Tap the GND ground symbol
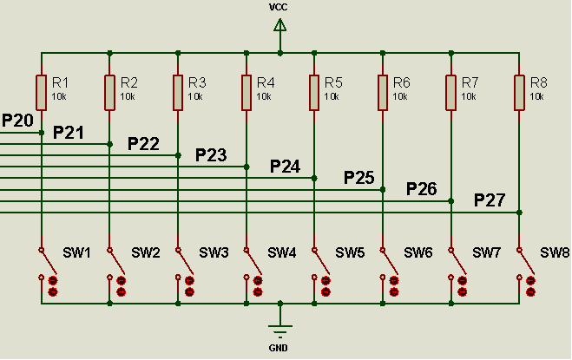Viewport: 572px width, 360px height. [x=279, y=330]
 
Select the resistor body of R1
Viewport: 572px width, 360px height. [x=42, y=92]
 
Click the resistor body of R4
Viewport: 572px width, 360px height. [x=247, y=92]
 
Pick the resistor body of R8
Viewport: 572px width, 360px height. [x=519, y=92]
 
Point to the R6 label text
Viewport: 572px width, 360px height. [x=400, y=82]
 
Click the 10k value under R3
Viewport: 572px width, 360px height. [x=195, y=96]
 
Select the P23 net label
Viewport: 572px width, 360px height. [x=211, y=155]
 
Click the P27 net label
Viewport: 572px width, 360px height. [x=490, y=200]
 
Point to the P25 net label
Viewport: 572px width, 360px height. [x=358, y=178]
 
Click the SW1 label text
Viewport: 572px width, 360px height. [x=76, y=252]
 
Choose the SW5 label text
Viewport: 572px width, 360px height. [x=350, y=252]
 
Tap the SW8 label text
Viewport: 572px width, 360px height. [x=554, y=252]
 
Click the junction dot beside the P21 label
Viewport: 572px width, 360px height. [x=109, y=144]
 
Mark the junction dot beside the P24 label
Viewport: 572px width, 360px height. [x=314, y=178]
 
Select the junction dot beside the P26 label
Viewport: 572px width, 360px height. [x=451, y=200]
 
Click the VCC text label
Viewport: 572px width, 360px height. [x=279, y=7]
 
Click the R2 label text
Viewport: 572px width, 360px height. [x=128, y=82]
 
